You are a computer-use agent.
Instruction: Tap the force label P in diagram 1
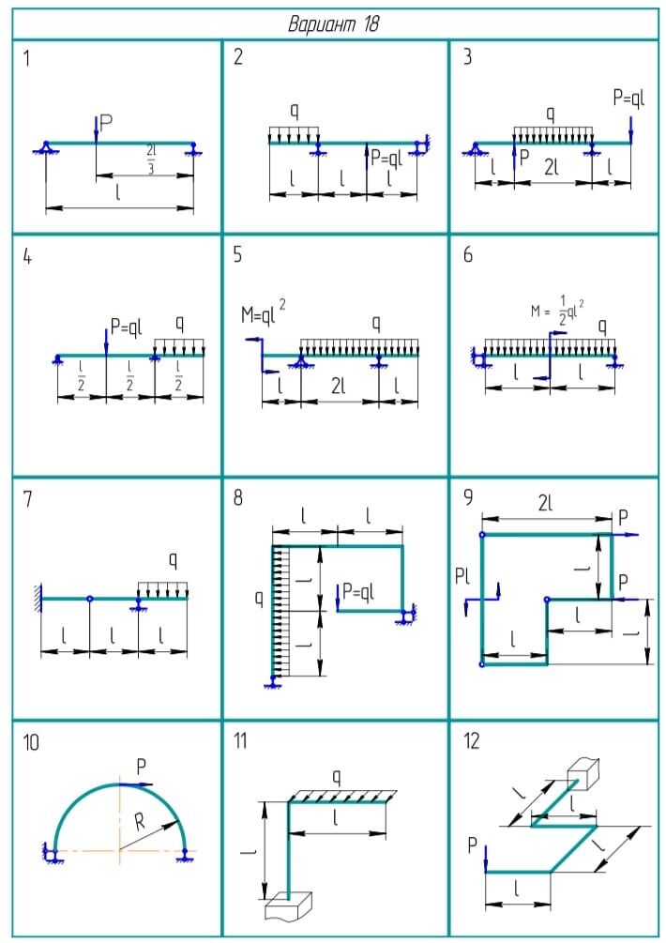pyautogui.click(x=107, y=121)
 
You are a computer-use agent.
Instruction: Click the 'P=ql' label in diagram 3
pyautogui.click(x=629, y=98)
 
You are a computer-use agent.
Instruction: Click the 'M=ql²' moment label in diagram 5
pyautogui.click(x=264, y=317)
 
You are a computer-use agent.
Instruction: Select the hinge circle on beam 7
pyautogui.click(x=90, y=598)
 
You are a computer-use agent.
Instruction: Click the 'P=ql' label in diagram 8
pyautogui.click(x=358, y=591)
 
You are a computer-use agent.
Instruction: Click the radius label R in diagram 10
pyautogui.click(x=140, y=824)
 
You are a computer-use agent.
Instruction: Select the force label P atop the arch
pyautogui.click(x=141, y=767)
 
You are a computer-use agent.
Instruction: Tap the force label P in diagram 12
pyautogui.click(x=473, y=846)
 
